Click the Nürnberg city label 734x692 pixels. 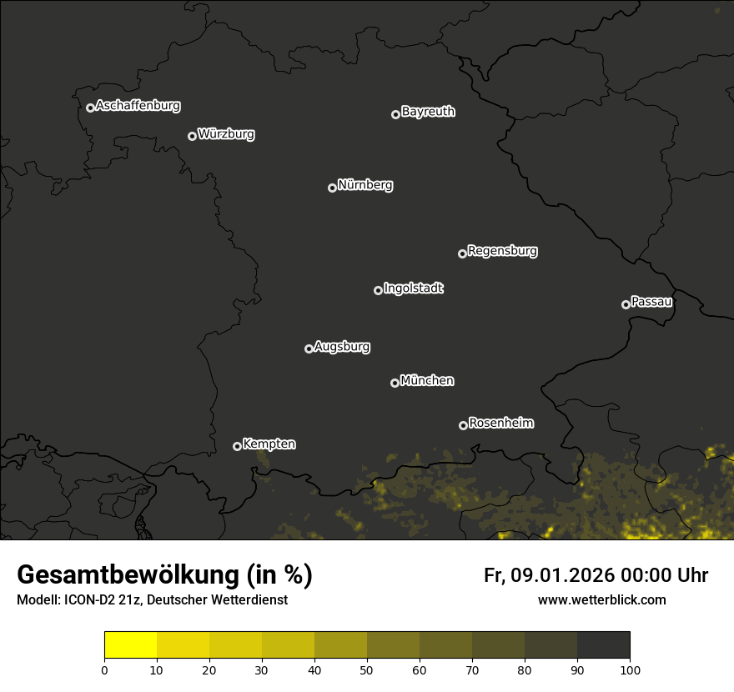[x=365, y=185]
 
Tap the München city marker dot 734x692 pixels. [x=395, y=383]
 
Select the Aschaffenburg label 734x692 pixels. [x=138, y=106]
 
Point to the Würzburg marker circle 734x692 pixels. [x=192, y=136]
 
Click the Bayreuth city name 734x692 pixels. [x=428, y=112]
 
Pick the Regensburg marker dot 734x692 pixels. [x=462, y=253]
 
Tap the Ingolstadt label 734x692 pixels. [x=414, y=288]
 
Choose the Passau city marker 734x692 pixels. [x=626, y=304]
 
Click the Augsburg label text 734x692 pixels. [x=342, y=347]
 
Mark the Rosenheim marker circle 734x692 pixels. [x=463, y=425]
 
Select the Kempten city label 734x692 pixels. [x=269, y=444]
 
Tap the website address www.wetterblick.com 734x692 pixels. [x=602, y=599]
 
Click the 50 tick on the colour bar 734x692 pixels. [x=367, y=669]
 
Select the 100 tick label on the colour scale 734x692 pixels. [x=630, y=669]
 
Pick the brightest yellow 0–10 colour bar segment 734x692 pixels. [x=131, y=645]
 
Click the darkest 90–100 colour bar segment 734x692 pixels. [x=603, y=645]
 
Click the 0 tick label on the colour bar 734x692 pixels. [x=104, y=669]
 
